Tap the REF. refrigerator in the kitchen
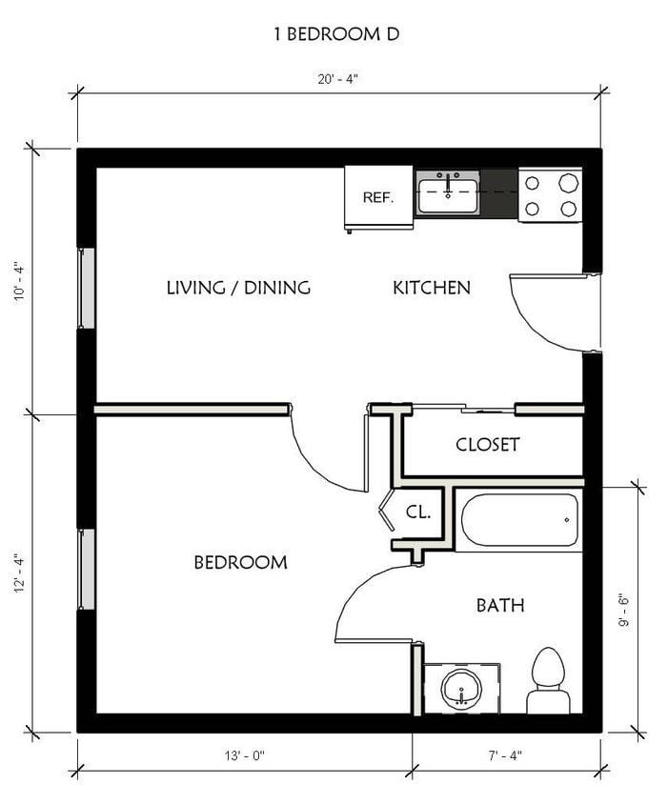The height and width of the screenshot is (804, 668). tap(378, 197)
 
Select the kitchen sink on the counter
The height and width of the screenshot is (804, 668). tap(448, 193)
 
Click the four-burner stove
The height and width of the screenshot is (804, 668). tap(550, 195)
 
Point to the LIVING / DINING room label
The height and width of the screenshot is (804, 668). tap(238, 288)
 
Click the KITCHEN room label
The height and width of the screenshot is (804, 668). tap(431, 288)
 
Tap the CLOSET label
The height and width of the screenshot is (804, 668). tap(487, 445)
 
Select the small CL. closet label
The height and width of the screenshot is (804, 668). tap(418, 512)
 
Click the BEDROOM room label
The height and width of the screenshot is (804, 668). tap(240, 563)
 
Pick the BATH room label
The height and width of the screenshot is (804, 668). tap(500, 605)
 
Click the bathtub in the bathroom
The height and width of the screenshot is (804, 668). tap(519, 520)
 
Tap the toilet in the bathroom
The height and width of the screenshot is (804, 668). tap(548, 680)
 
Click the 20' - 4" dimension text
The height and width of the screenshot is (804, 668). tap(338, 80)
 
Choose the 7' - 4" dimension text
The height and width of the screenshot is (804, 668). tap(506, 755)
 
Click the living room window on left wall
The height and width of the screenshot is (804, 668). tap(86, 288)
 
